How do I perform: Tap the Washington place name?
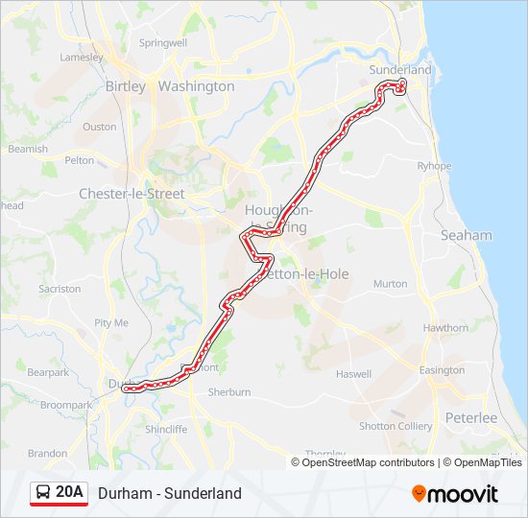196,86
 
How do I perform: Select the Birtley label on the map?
125,86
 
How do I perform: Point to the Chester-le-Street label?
132,194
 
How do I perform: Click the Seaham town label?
466,235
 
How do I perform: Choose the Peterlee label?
470,418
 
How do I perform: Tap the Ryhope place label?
434,166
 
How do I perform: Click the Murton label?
390,284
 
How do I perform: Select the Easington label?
442,370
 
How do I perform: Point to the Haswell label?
352,374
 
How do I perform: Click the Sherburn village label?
229,392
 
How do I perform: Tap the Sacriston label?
60,289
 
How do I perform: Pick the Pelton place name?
80,160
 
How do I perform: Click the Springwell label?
163,43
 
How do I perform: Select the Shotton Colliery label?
396,426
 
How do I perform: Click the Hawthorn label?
445,328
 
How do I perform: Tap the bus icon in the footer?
44,493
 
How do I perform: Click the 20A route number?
70,493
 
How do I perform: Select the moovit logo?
455,494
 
